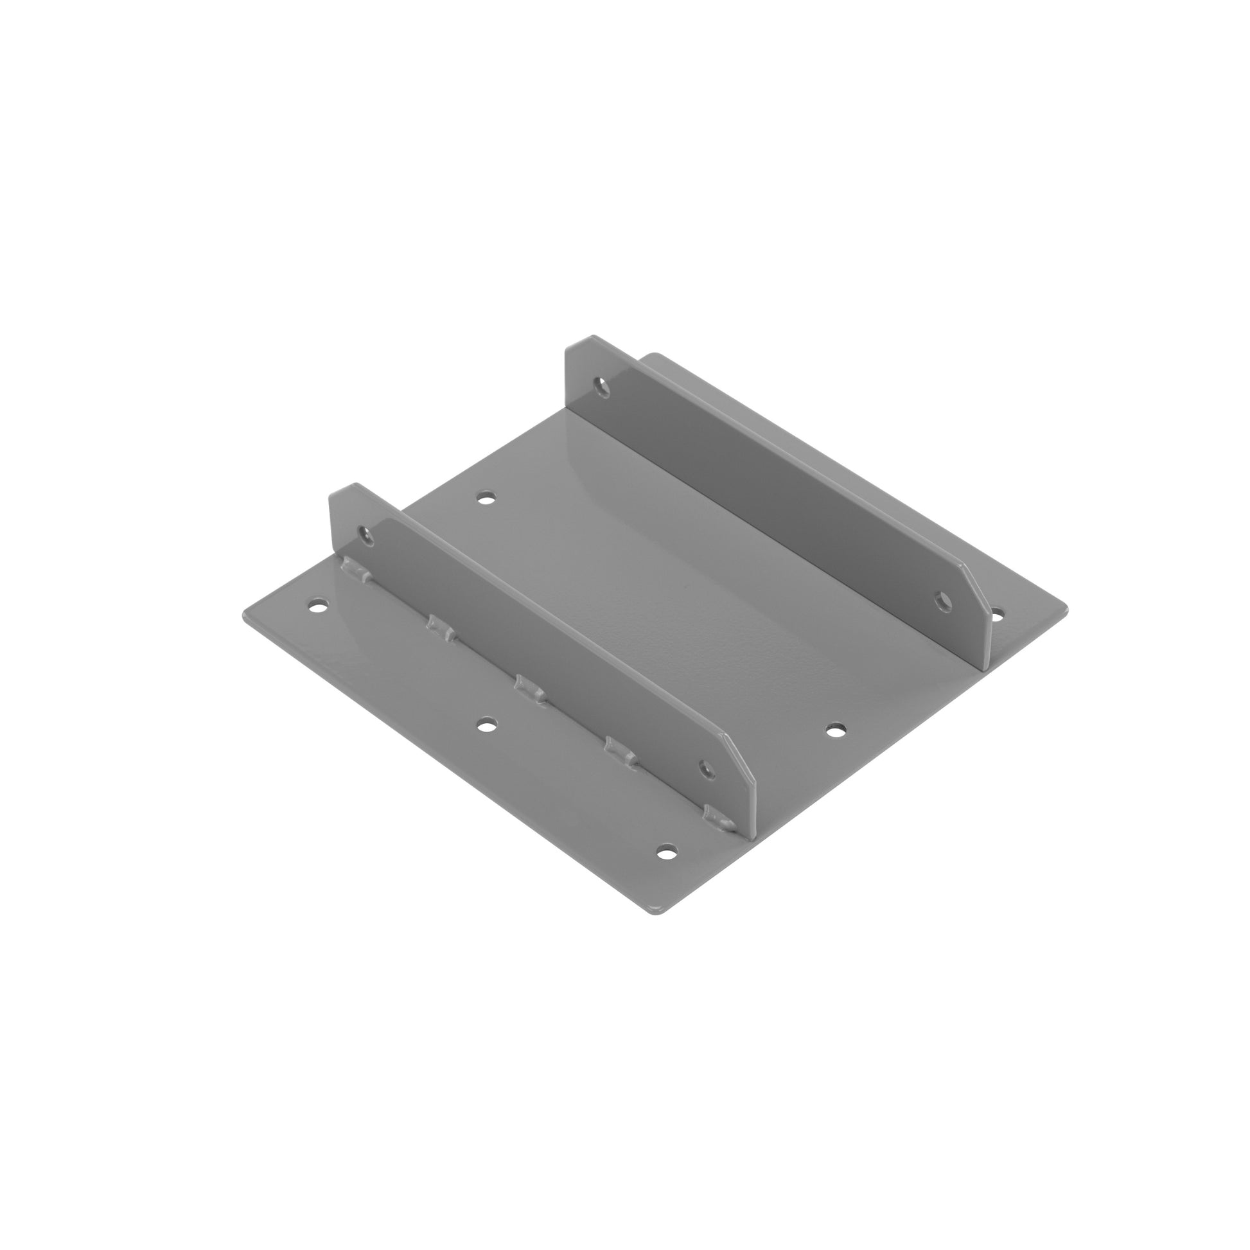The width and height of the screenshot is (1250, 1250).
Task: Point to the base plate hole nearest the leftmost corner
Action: pyautogui.click(x=317, y=606)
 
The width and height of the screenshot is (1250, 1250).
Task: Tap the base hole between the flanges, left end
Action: pyautogui.click(x=485, y=498)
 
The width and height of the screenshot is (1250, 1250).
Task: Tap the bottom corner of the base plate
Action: pyautogui.click(x=656, y=914)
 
